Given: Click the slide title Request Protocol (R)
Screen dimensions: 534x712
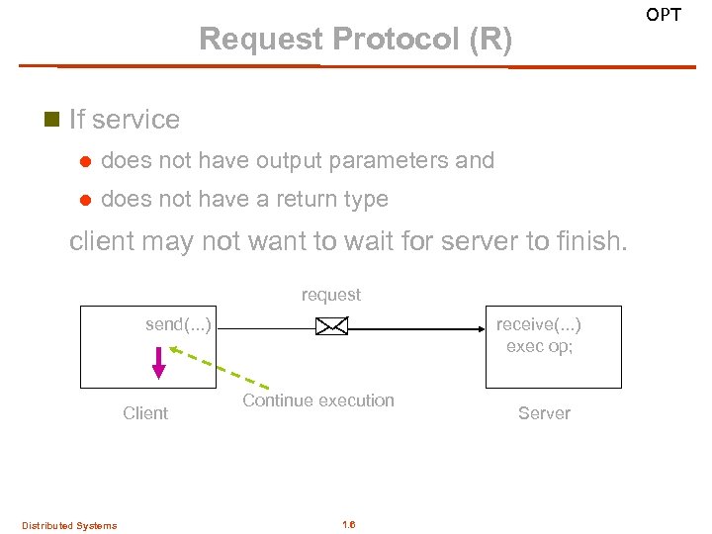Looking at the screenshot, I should coord(356,40).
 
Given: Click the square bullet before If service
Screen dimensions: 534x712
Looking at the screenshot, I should coord(52,120).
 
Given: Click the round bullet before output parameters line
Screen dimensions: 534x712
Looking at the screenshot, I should coord(84,161).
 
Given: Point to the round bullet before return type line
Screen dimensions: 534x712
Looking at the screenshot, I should coord(84,200).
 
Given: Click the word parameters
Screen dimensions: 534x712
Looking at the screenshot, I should coord(389,161).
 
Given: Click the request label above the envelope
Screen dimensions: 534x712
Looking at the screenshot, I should coord(331,295).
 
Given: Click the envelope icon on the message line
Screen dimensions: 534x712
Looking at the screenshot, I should coord(331,326).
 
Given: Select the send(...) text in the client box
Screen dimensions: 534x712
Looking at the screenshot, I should coord(178,324).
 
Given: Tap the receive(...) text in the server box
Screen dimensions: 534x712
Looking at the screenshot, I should coord(538,325).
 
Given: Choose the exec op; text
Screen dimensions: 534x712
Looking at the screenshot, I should coord(539,346).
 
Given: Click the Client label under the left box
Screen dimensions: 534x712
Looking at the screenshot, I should coord(145,413).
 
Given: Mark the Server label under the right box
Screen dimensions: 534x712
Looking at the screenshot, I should coord(544,413).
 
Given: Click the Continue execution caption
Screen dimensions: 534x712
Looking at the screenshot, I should coord(318,400).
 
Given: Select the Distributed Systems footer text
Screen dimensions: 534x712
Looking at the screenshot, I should coord(69,525).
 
